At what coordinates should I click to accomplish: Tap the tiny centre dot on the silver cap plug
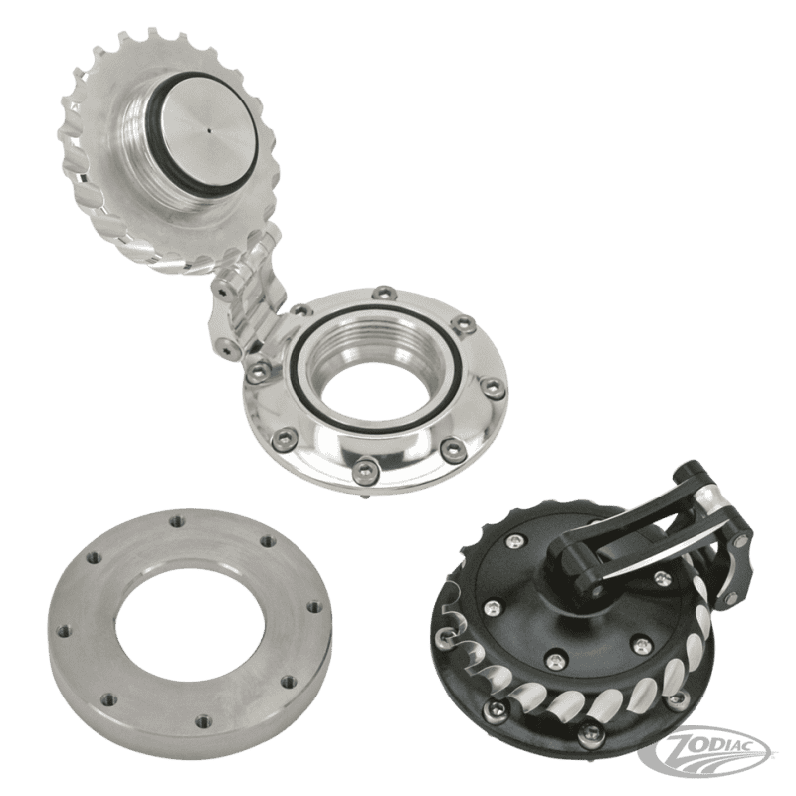[209, 130]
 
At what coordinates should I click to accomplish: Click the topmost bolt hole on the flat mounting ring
[177, 521]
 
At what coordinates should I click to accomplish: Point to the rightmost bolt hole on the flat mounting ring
[314, 607]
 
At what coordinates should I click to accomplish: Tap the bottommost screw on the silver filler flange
[365, 467]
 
